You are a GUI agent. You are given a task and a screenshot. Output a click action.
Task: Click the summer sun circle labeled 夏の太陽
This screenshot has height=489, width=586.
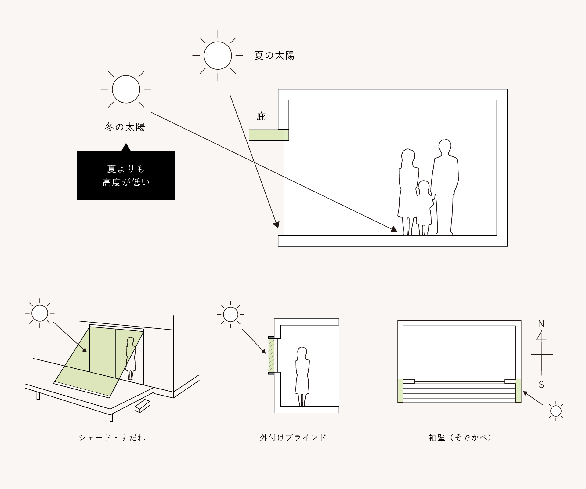218,56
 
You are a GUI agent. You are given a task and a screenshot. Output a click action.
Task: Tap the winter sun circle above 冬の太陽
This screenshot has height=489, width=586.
126,89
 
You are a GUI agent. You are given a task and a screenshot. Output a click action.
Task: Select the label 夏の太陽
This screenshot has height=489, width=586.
274,56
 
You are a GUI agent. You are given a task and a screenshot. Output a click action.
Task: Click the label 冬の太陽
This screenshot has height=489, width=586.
125,127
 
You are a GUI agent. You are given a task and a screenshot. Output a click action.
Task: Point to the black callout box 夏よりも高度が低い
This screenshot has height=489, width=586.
126,176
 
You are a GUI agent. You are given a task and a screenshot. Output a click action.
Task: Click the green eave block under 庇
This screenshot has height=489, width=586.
269,135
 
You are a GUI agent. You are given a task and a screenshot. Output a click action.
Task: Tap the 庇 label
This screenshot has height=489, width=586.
261,116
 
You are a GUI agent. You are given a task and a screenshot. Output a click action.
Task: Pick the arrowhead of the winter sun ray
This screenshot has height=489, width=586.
394,230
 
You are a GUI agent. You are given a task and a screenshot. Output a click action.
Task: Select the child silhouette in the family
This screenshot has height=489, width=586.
424,208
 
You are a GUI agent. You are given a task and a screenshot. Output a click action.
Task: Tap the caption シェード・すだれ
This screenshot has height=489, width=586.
112,438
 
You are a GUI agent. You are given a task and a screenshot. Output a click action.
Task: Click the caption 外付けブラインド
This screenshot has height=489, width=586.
293,438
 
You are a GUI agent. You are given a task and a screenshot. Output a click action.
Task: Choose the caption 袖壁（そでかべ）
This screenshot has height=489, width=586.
460,438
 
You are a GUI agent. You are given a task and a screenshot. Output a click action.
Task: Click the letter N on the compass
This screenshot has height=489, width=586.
541,324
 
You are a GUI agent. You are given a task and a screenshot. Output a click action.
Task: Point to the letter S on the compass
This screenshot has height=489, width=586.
541,385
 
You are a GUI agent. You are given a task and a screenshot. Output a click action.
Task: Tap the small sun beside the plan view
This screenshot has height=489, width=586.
556,411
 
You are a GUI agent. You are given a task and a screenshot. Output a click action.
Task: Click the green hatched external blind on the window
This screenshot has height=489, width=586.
271,355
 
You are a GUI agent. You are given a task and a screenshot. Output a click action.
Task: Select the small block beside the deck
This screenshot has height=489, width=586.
143,406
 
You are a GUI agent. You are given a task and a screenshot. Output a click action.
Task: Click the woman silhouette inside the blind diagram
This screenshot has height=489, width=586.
302,376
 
